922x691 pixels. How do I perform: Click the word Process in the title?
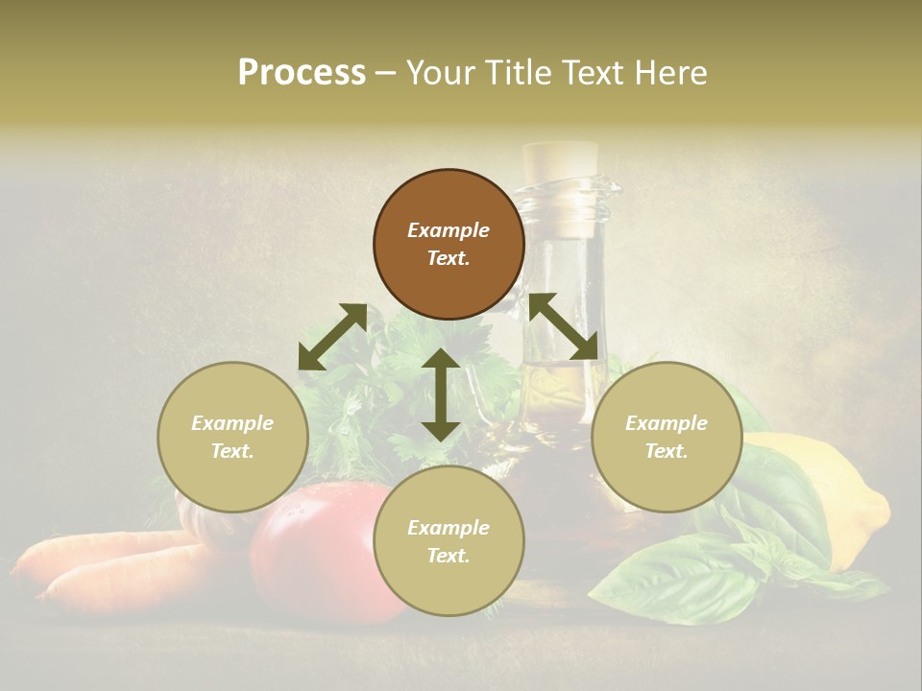click(302, 73)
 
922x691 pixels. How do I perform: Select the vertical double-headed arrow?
click(441, 394)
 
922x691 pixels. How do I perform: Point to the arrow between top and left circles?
click(332, 337)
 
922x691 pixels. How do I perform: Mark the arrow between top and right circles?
click(563, 326)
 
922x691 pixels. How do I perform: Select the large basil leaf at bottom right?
click(672, 576)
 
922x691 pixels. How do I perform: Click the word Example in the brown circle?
click(449, 230)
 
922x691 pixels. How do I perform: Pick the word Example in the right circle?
click(667, 423)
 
